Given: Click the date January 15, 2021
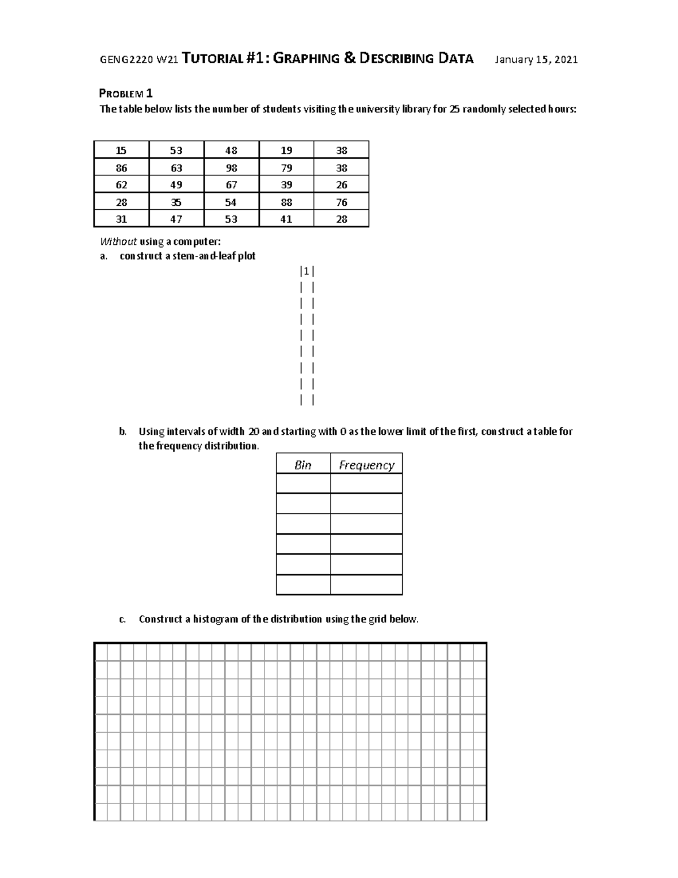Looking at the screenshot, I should [536, 59].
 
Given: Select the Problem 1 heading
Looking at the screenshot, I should [126, 93].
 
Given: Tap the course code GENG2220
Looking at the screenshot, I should [126, 60].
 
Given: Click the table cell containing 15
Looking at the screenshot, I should [121, 150].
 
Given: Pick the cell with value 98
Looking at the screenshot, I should [231, 168].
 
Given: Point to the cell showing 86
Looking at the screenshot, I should [121, 168].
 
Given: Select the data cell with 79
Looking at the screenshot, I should [286, 168].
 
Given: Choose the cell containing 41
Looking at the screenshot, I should [286, 219].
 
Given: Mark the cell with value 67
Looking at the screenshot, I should [231, 185].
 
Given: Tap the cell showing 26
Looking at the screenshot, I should [341, 185].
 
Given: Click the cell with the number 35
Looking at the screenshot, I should [176, 202].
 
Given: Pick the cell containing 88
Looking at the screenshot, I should [286, 202].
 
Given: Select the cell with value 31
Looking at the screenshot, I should [121, 219].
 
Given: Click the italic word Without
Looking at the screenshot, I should [118, 241].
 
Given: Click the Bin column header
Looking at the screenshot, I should [303, 465].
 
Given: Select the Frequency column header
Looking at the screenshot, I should [366, 465].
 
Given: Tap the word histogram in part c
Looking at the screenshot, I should [216, 619].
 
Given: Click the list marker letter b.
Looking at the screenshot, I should [123, 431].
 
